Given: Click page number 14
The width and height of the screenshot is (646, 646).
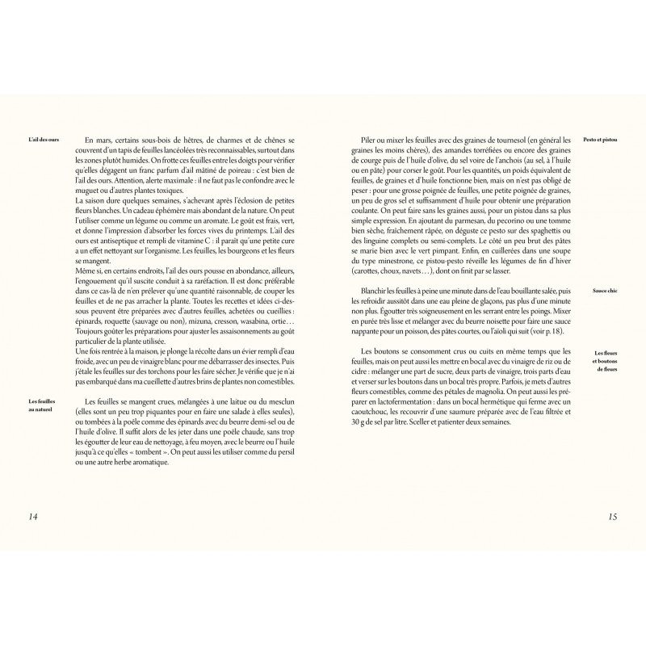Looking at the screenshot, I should (35, 517).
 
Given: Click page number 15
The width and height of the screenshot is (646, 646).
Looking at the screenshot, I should (610, 517).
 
